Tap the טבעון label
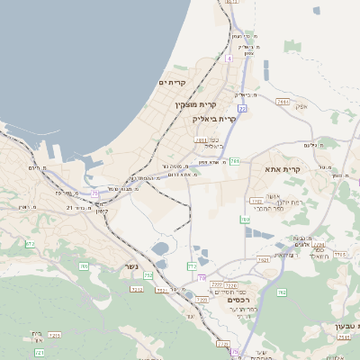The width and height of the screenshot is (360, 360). click(344, 324)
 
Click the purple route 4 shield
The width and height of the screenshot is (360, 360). click(229, 58)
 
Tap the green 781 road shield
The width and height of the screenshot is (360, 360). click(234, 161)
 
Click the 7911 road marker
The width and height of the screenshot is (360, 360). click(283, 102)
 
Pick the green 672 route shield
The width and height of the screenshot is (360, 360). click(30, 244)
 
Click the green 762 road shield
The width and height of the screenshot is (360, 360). click(281, 292)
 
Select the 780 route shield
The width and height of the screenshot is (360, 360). click(245, 220)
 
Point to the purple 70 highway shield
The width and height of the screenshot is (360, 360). click(202, 277)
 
